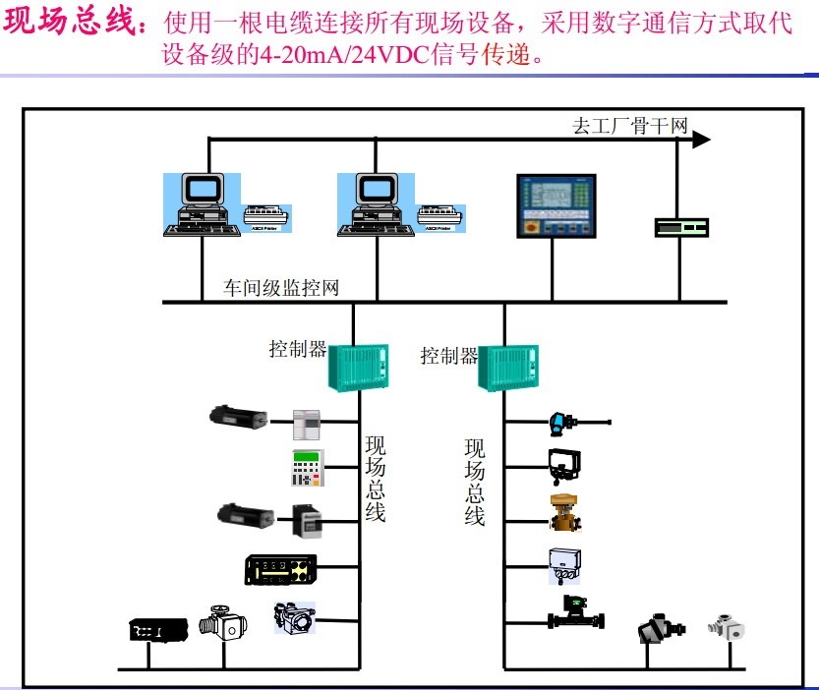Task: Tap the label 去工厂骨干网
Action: point(629,126)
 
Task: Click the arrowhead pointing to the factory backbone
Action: point(700,140)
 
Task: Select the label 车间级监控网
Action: point(281,288)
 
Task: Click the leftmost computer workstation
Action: point(200,204)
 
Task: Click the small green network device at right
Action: point(681,227)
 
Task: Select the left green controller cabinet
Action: point(358,367)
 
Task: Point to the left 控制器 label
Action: point(298,349)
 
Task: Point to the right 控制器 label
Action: point(449,355)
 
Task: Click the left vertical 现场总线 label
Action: point(375,479)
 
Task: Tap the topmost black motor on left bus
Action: point(237,416)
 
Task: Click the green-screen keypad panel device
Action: point(309,467)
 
